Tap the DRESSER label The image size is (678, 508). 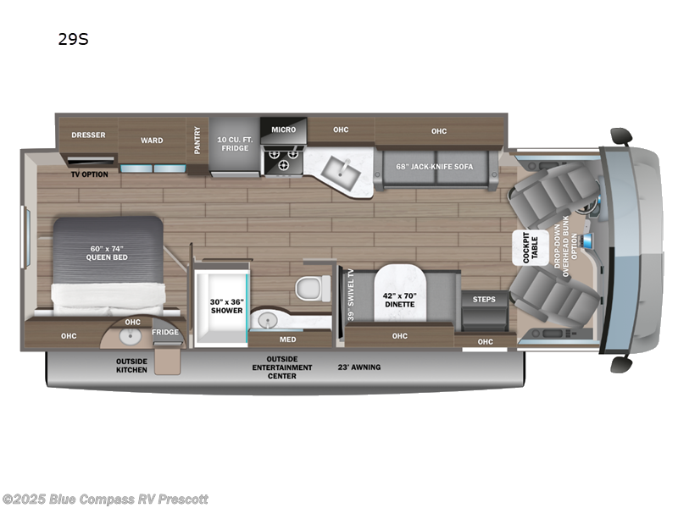[87, 135]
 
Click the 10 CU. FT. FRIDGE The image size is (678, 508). [234, 143]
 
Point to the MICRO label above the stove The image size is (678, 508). [283, 130]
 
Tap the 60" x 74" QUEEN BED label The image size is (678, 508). [107, 253]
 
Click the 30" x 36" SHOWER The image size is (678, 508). [226, 305]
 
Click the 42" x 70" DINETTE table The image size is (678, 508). [399, 298]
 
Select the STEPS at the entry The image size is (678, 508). [484, 299]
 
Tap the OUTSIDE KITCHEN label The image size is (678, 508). [131, 365]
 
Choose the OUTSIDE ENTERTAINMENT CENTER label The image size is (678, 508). [282, 367]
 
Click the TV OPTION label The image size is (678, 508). [87, 174]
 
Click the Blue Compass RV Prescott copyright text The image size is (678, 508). [105, 499]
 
